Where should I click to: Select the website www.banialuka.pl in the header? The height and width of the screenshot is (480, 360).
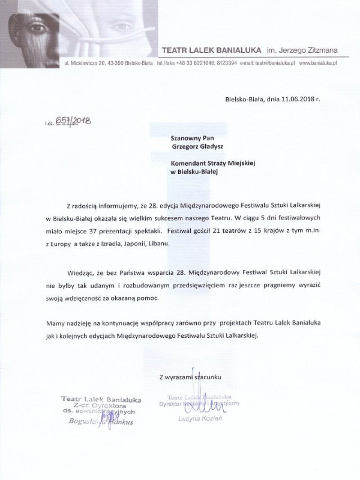(x=317, y=63)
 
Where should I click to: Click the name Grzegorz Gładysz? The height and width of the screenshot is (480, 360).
(x=196, y=146)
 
